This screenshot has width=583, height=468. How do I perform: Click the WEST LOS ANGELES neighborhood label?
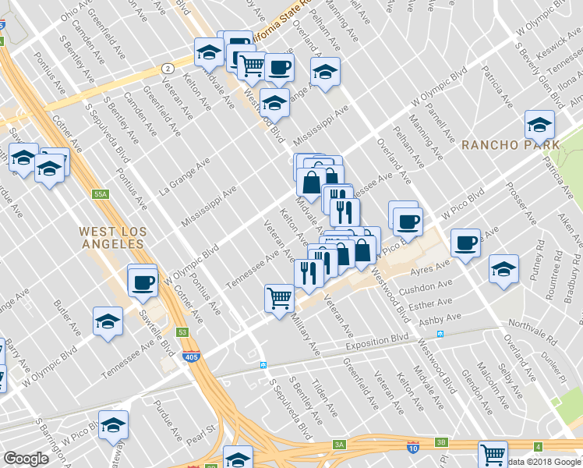pos(111,237)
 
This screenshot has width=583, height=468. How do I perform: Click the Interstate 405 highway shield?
pos(191,356)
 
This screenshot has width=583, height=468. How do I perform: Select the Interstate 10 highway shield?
pos(412,446)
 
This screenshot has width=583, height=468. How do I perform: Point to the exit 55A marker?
pos(99,193)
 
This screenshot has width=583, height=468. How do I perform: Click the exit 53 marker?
pos(182,332)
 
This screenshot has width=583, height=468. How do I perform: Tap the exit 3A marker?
pos(339,444)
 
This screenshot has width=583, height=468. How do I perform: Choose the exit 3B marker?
pos(441,441)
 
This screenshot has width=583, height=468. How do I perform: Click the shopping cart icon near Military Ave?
pos(279,297)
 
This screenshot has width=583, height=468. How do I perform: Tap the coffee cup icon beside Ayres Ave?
pos(466,243)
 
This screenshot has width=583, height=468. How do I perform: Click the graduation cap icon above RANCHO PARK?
pos(539,123)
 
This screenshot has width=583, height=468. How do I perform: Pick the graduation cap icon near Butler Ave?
pos(108,320)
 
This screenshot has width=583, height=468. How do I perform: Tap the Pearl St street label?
pos(199,431)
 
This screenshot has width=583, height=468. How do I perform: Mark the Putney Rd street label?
pos(537,264)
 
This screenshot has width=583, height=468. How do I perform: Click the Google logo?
pos(26,458)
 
